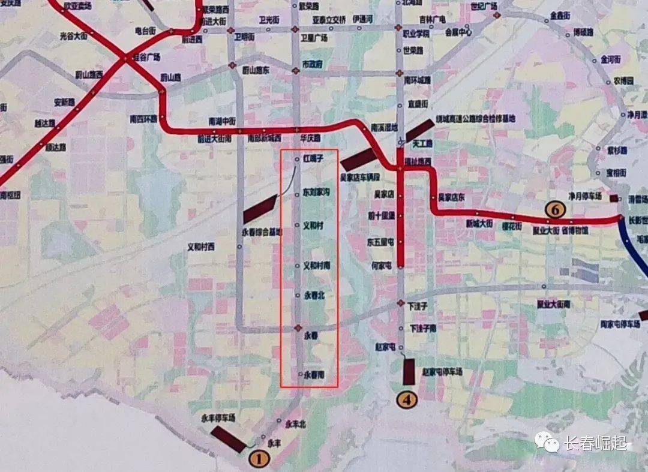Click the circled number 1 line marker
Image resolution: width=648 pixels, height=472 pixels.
tap(259, 459)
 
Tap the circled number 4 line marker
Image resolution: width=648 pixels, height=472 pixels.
tap(407, 399)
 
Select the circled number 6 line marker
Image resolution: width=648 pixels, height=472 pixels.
tap(555, 209)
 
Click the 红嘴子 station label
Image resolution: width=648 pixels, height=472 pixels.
tap(313, 159)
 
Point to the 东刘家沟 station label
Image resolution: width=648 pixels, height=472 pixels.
tap(317, 193)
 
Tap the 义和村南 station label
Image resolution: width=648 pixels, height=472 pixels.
tap(317, 265)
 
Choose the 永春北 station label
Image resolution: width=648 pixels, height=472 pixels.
tap(314, 295)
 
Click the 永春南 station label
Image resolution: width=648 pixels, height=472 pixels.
tap(314, 375)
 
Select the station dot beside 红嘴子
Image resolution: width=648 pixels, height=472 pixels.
tap(298, 159)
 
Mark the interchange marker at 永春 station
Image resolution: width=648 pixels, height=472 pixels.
tap(298, 328)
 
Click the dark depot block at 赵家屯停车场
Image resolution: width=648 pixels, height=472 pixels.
tap(410, 372)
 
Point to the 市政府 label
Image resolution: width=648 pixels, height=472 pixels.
tap(312, 63)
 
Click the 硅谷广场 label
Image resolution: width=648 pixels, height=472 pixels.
tap(146, 57)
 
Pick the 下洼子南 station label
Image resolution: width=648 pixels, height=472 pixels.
tap(422, 328)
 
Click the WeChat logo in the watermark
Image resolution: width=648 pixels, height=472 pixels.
tap(547, 443)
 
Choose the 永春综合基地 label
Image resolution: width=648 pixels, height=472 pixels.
tap(262, 232)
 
